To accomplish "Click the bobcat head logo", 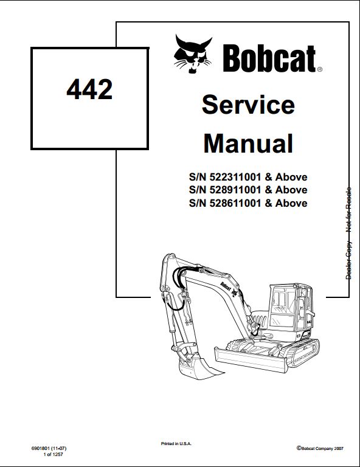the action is pos(193,54).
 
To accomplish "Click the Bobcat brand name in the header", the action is pos(269,58).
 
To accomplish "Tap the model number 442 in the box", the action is pos(89,89).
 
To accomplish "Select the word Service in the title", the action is pos(248,105).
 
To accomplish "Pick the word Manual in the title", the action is pos(248,144).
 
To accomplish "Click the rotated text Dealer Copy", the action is pos(348,260).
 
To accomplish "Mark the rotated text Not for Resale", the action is pos(348,210).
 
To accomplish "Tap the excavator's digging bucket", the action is pos(198,368).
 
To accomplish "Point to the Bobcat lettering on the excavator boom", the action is pos(226,286).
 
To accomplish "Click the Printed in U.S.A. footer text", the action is pos(176,444).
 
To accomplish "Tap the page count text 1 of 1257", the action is pos(54,454).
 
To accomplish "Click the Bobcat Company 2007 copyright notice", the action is pos(320,448).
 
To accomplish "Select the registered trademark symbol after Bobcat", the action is pos(319,69).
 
